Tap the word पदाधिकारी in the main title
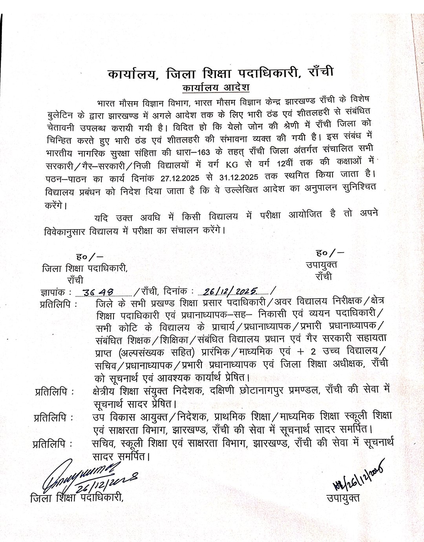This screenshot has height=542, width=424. click(x=270, y=73)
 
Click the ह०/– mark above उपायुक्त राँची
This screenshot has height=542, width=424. click(x=329, y=253)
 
